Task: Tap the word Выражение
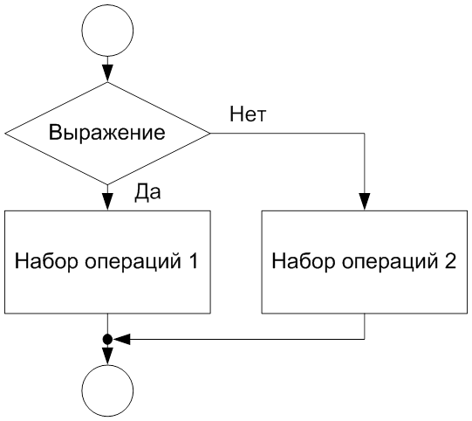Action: pyautogui.click(x=106, y=133)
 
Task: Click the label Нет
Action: pyautogui.click(x=248, y=114)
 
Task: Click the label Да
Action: pyautogui.click(x=147, y=192)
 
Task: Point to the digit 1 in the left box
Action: pyautogui.click(x=194, y=260)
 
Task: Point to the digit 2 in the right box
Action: pyautogui.click(x=450, y=260)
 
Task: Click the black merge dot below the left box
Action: pyautogui.click(x=107, y=339)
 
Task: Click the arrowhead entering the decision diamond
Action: pyautogui.click(x=107, y=73)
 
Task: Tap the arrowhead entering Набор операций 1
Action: pyautogui.click(x=107, y=202)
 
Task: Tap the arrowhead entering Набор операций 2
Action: pyautogui.click(x=365, y=202)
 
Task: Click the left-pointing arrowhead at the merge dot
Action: pyautogui.click(x=121, y=339)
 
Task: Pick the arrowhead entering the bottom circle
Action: pyautogui.click(x=107, y=356)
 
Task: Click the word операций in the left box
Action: pyautogui.click(x=133, y=262)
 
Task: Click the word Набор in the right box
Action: pyautogui.click(x=304, y=260)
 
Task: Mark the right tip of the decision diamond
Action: pyautogui.click(x=210, y=134)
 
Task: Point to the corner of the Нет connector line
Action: pyautogui.click(x=365, y=134)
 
